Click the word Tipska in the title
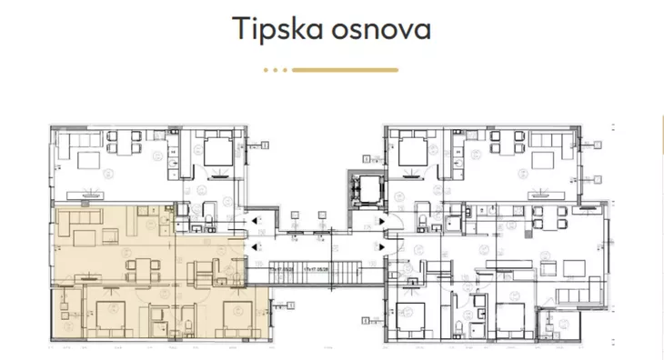pyautogui.click(x=274, y=28)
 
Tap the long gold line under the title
pyautogui.click(x=345, y=69)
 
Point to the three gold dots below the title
pyautogui.click(x=275, y=69)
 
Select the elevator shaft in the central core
pyautogui.click(x=362, y=187)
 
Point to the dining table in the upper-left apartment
pyautogui.click(x=122, y=143)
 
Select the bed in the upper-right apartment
pyautogui.click(x=410, y=149)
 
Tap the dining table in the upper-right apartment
pyautogui.click(x=506, y=143)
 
